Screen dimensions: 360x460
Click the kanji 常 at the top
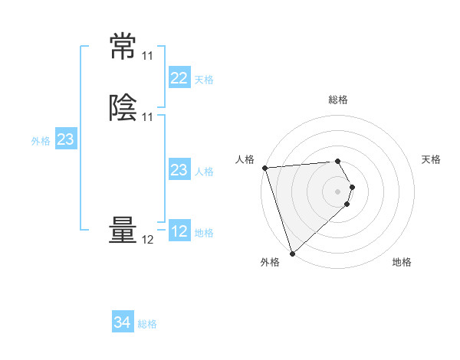(x=123, y=47)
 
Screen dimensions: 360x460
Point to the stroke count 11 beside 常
(x=147, y=56)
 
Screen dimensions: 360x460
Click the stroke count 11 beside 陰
(x=147, y=117)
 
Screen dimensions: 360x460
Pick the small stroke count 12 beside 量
(x=147, y=240)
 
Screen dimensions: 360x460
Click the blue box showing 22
(x=179, y=78)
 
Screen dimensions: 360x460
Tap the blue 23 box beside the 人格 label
(x=179, y=170)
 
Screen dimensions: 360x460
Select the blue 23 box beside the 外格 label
(x=66, y=139)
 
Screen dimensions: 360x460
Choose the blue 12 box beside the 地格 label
(x=179, y=231)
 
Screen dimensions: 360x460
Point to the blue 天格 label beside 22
(x=204, y=80)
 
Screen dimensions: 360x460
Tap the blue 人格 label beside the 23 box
(x=204, y=172)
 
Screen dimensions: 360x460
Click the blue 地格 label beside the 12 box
(x=204, y=233)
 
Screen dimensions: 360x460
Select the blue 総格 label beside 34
(x=147, y=324)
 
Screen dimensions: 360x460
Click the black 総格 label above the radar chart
(x=338, y=100)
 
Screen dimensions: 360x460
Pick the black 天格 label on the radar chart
(x=432, y=159)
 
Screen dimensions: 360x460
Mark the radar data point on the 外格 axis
(x=292, y=253)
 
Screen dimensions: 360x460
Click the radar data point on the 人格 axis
(x=264, y=168)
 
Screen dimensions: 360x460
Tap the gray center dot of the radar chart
(x=338, y=191)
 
